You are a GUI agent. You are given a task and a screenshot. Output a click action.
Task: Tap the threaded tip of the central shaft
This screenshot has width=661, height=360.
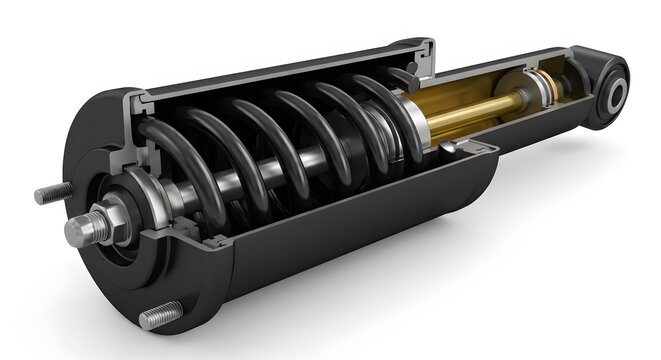[79, 232]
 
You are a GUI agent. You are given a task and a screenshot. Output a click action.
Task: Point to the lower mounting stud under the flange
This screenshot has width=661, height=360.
[159, 318]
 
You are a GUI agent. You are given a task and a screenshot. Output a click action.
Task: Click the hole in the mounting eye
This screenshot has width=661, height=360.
[617, 95]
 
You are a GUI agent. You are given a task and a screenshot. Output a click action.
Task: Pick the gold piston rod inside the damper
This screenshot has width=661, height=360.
[470, 110]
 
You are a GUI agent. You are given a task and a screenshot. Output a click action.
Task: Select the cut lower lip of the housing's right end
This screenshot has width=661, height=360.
[470, 150]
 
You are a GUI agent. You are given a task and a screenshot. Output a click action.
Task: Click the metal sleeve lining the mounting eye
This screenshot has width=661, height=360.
[609, 96]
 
